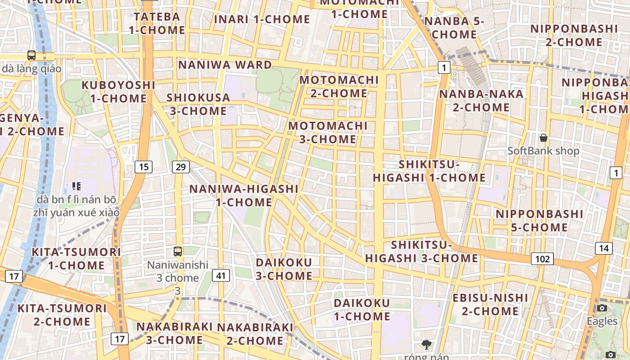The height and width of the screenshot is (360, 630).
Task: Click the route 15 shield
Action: tap(144, 167)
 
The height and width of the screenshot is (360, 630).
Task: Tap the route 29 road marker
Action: tap(180, 167)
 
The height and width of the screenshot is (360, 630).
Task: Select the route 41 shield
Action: tap(220, 275)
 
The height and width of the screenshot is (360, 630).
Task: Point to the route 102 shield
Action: tap(542, 259)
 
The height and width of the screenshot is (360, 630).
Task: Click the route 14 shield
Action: tap(603, 248)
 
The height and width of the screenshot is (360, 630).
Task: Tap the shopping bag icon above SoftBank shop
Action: tap(544, 137)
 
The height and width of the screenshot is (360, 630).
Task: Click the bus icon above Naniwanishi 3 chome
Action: tap(178, 251)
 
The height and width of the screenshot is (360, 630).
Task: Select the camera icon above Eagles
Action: tap(602, 308)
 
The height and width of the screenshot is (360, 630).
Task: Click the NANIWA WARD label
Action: tap(225, 65)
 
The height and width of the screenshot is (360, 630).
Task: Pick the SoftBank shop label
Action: tap(543, 151)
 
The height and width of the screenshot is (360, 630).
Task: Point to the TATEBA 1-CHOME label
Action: tap(157, 23)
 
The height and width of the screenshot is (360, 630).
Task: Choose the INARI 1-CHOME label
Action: tap(262, 19)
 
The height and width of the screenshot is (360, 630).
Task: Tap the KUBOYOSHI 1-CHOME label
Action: tap(118, 91)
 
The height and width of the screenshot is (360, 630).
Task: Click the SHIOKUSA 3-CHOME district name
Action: tap(198, 104)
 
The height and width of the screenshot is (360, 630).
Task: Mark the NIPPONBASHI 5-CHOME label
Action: tap(539, 220)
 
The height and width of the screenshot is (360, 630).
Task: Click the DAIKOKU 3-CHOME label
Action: tap(284, 269)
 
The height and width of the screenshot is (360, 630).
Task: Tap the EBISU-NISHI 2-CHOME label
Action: tap(490, 304)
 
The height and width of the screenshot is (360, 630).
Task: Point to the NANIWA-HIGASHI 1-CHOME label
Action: tap(243, 195)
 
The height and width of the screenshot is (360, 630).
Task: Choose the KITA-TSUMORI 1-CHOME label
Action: tap(76, 258)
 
